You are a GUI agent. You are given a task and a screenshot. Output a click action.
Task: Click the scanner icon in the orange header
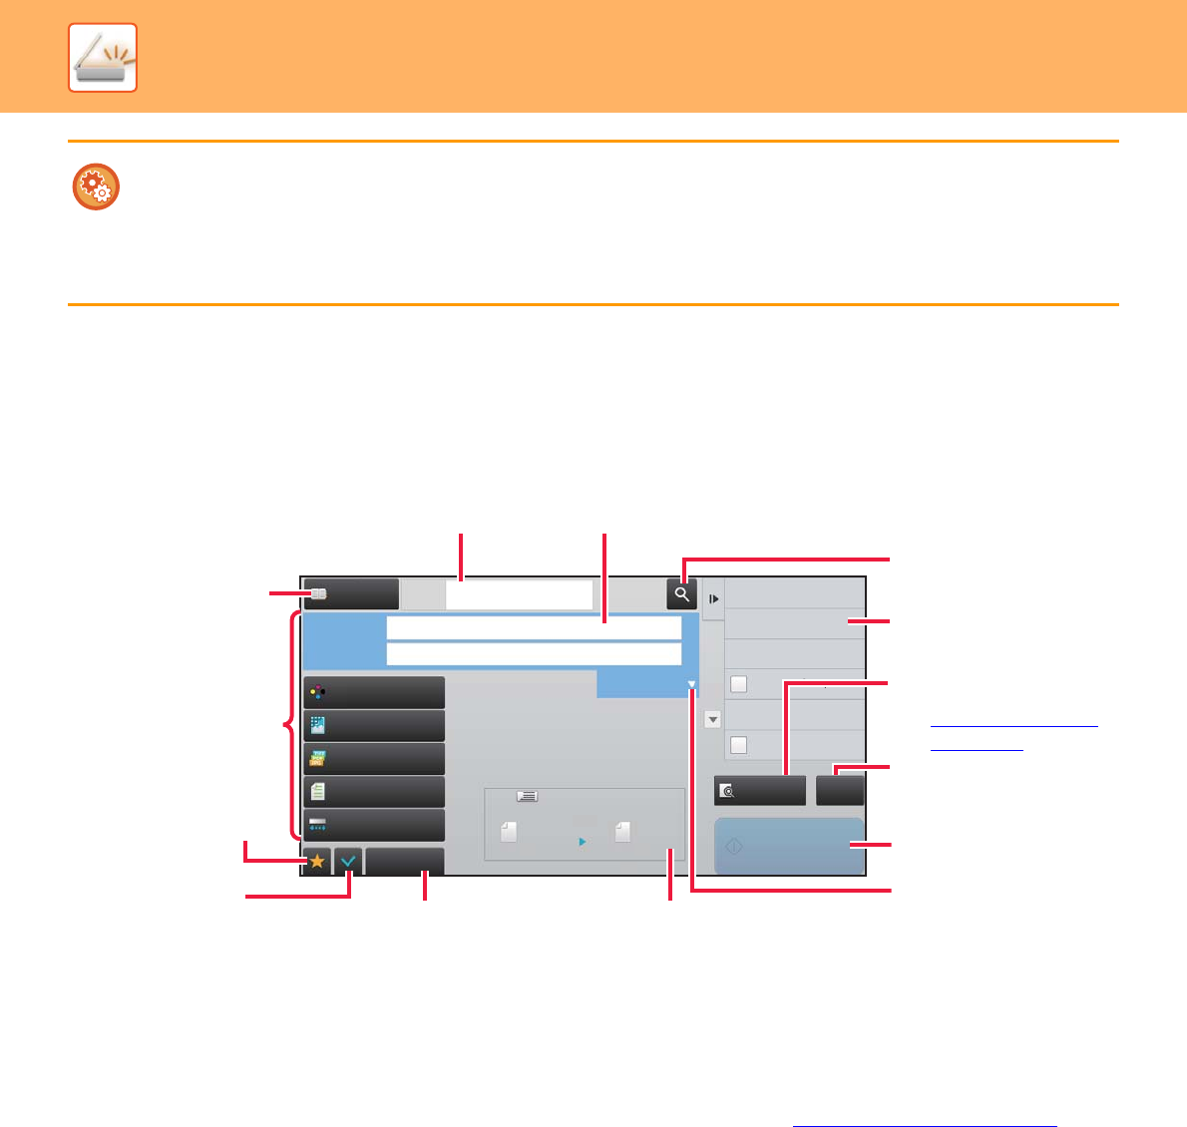(x=103, y=58)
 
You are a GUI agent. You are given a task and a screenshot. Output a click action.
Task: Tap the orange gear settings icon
(x=96, y=187)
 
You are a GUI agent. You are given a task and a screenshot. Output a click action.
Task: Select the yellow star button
(x=317, y=861)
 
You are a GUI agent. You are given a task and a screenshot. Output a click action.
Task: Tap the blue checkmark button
(x=348, y=861)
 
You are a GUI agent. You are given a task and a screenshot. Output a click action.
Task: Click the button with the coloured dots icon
(x=374, y=692)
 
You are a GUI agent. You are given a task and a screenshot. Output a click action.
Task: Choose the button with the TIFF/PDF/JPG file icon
(x=374, y=759)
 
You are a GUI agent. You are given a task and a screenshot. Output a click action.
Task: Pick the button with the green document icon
(x=374, y=792)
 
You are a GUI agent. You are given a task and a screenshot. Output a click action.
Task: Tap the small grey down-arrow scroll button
(x=712, y=719)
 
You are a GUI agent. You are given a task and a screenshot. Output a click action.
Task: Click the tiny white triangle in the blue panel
(x=691, y=685)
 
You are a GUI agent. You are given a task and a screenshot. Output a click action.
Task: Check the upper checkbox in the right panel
(x=739, y=684)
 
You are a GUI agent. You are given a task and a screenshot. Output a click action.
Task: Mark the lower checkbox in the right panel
(x=739, y=745)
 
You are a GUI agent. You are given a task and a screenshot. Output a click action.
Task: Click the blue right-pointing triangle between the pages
(x=583, y=842)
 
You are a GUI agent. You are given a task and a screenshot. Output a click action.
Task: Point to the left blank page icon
(x=509, y=832)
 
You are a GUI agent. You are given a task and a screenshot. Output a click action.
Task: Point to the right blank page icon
(x=622, y=832)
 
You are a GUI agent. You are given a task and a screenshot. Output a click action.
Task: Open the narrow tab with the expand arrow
(x=713, y=599)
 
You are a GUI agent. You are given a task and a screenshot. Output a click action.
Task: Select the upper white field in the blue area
(x=534, y=627)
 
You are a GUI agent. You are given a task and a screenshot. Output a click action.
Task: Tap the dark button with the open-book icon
(x=351, y=593)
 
